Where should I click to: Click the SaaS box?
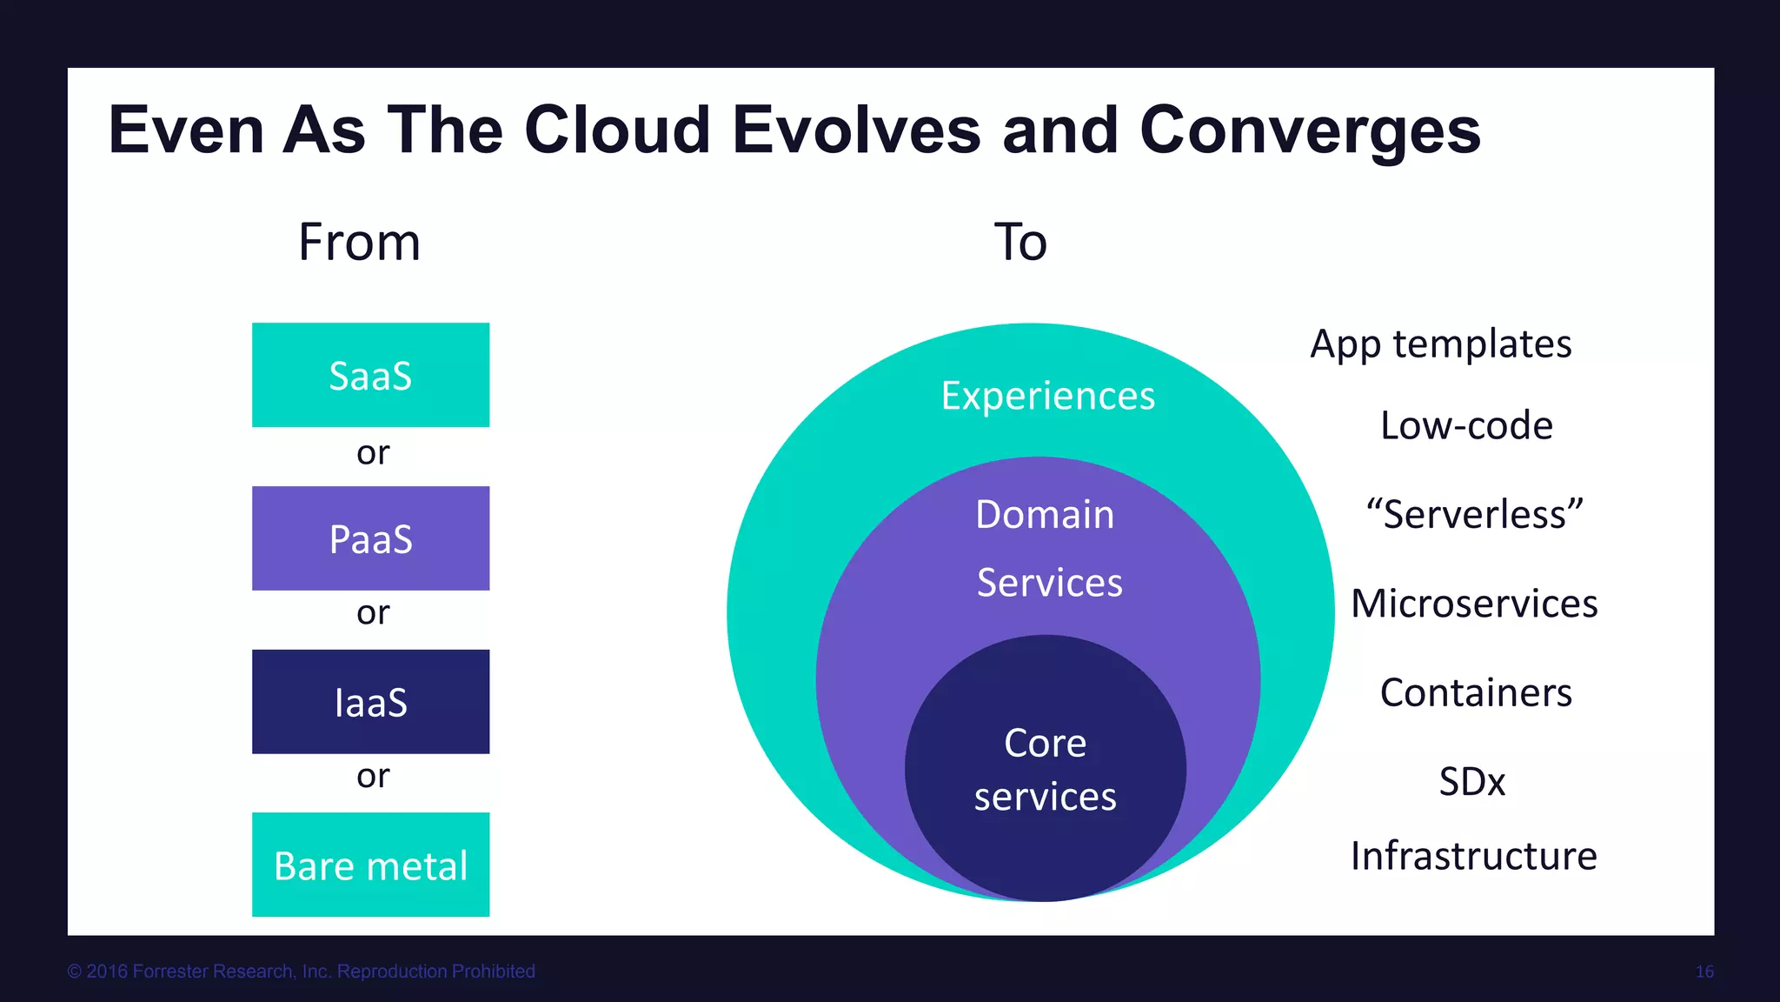coord(370,375)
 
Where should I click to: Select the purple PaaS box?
coord(370,538)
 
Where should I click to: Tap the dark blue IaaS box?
coord(370,702)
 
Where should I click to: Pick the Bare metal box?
coord(370,865)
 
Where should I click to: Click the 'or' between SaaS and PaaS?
coord(373,453)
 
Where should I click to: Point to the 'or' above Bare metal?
coord(373,776)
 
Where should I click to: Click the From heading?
coord(359,242)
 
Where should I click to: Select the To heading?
coord(1020,242)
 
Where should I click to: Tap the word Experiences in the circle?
coord(1047,396)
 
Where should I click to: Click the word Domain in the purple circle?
coord(1045,514)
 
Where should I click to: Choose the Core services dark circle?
coord(1045,769)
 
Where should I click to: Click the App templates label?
coord(1440,344)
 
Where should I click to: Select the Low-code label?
coord(1466,425)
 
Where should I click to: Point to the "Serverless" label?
coord(1474,514)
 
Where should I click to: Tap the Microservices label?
coord(1474,604)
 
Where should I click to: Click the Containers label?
coord(1476,693)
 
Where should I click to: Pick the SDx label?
coord(1471,781)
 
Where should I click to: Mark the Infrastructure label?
coord(1473,856)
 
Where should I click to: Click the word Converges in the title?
coord(1309,130)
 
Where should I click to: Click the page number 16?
coord(1704,972)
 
